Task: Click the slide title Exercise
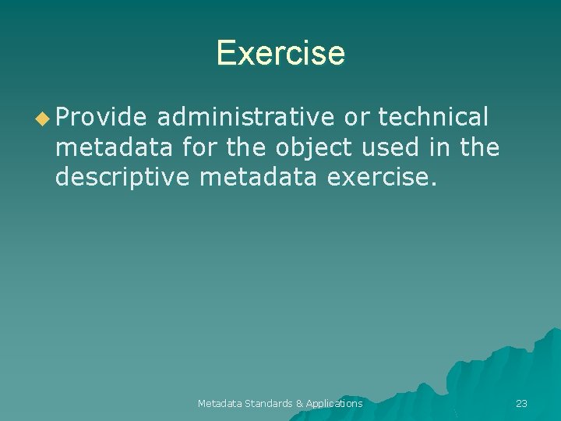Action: (x=280, y=53)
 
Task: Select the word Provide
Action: (x=101, y=117)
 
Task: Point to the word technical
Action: (x=433, y=117)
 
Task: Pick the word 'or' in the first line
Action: (x=357, y=117)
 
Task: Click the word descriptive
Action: (x=122, y=177)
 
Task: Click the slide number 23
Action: (x=521, y=403)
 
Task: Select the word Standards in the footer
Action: (x=270, y=403)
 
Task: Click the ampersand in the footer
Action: (x=299, y=403)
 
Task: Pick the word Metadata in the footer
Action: (x=220, y=403)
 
